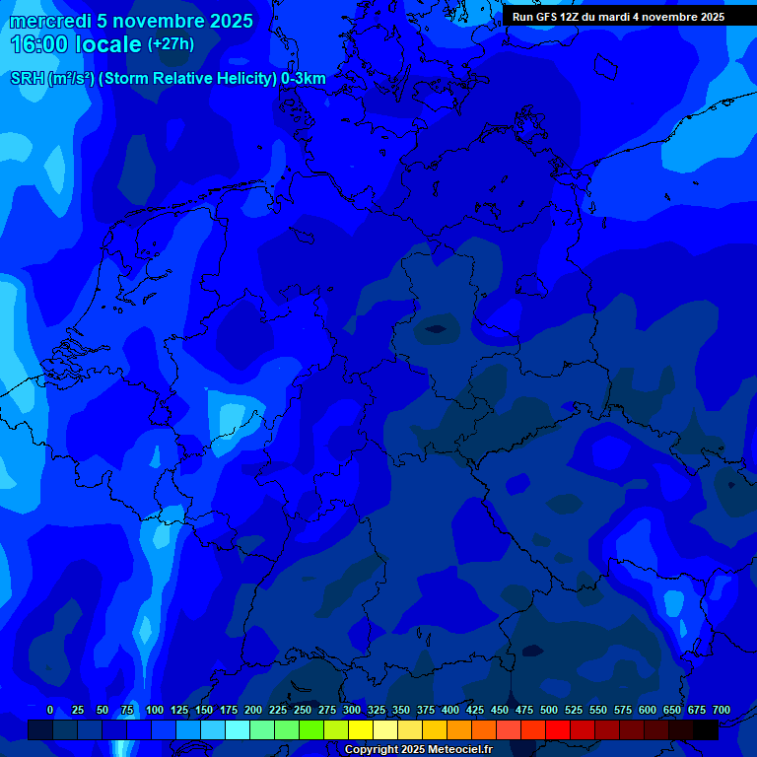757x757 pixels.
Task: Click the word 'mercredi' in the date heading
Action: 49,21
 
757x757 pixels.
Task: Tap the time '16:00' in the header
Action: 38,44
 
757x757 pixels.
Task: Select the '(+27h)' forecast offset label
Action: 171,44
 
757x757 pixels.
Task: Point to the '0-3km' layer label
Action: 304,79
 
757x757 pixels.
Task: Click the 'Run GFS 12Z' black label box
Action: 618,17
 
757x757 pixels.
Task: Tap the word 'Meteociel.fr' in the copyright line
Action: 460,750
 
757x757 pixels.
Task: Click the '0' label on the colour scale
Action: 50,710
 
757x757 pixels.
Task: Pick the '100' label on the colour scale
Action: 155,710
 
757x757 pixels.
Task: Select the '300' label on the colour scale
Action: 352,710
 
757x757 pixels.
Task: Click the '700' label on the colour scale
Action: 722,710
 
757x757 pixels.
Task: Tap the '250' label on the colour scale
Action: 303,710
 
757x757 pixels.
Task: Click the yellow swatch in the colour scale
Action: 361,729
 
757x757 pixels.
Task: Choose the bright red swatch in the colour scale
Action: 558,729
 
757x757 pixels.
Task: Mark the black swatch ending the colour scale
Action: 706,729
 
